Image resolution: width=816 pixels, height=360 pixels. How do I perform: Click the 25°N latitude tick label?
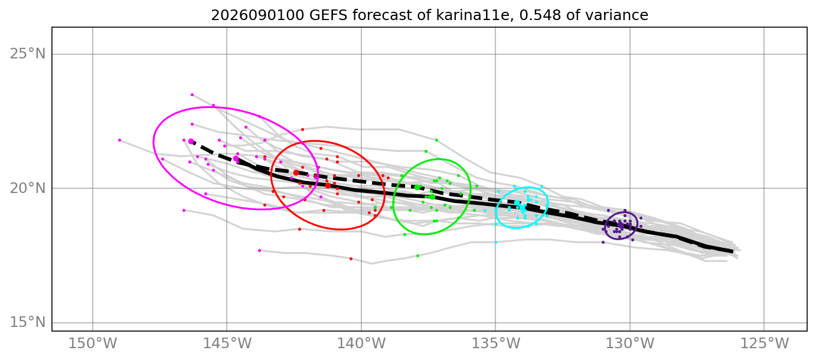27,54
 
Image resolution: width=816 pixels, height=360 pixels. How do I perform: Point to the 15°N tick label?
27,322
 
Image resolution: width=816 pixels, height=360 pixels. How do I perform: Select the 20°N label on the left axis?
27,188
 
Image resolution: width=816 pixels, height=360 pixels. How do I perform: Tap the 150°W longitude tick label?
93,343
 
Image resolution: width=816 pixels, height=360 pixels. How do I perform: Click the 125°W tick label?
764,343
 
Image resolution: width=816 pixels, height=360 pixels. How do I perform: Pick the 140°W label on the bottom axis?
361,343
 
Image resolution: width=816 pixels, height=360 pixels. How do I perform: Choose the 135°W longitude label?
495,343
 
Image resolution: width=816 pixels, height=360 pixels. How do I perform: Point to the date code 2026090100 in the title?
257,15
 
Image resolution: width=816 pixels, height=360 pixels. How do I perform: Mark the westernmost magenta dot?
119,140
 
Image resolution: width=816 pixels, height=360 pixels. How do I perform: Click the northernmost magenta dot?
192,94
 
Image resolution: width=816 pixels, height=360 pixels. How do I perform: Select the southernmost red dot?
351,259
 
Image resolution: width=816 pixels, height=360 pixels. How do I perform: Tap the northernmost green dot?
437,140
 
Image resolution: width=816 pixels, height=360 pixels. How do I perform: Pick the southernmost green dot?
418,256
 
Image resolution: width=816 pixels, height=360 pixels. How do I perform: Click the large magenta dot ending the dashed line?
191,141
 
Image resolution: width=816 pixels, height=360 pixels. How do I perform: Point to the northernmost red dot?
303,130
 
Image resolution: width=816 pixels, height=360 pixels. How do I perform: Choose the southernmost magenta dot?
259,250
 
